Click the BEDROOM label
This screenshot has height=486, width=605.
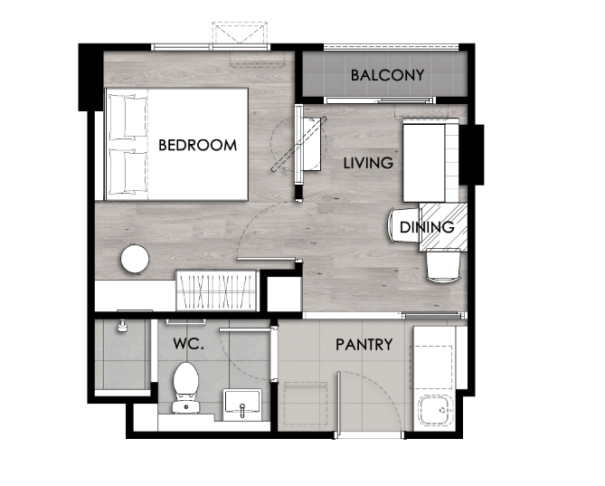[x=197, y=145]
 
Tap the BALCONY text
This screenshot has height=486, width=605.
[x=387, y=75]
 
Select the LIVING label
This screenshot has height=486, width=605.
[x=368, y=163]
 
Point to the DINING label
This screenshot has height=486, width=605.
[x=427, y=227]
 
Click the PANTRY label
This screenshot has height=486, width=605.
[x=364, y=344]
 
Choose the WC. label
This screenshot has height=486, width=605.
[x=188, y=344]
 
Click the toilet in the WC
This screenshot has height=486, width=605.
[x=186, y=387]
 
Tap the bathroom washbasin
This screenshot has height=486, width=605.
[x=242, y=405]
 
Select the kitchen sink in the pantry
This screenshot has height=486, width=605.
[x=437, y=410]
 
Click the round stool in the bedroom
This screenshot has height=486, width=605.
[x=135, y=259]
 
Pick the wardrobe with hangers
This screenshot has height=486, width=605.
[x=216, y=291]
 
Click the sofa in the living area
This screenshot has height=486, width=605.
[x=431, y=160]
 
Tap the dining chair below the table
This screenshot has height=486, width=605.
[x=444, y=266]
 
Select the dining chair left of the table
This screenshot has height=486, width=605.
[x=403, y=225]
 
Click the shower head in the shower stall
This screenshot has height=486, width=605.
[x=122, y=326]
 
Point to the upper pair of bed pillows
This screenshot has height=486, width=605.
[x=128, y=117]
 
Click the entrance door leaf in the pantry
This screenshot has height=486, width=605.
[x=339, y=405]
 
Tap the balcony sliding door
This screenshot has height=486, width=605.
[x=381, y=100]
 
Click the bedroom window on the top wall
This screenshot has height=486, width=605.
[x=211, y=47]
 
